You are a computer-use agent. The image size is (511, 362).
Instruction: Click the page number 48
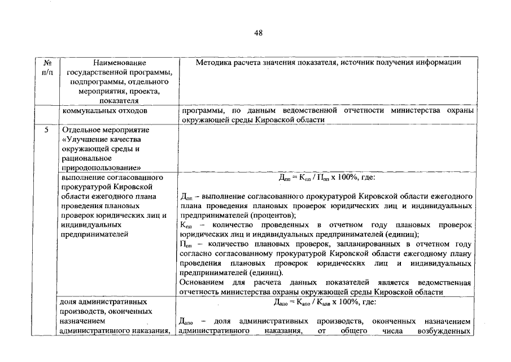pyautogui.click(x=258, y=33)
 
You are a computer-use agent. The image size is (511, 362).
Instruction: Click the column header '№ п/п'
pyautogui.click(x=48, y=67)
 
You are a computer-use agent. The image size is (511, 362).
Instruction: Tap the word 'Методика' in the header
pyautogui.click(x=212, y=62)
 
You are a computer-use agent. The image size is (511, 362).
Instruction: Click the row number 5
pyautogui.click(x=48, y=130)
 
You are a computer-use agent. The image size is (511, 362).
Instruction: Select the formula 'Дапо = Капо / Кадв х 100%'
pyautogui.click(x=325, y=302)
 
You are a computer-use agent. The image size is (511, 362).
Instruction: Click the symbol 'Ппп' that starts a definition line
pyautogui.click(x=186, y=244)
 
